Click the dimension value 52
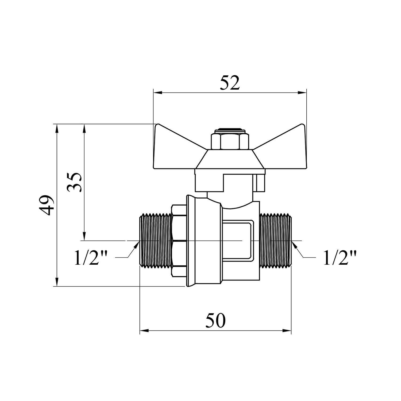[x=230, y=83]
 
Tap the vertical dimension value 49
[x=48, y=205]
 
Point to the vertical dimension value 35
[x=74, y=182]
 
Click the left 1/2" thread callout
[x=91, y=258]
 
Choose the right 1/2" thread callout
[x=340, y=258]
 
